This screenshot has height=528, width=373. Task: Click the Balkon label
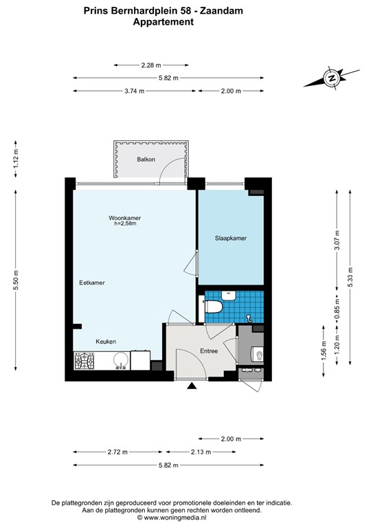(146, 159)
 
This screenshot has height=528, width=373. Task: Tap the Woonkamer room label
(124, 218)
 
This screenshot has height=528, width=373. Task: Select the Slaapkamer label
(231, 238)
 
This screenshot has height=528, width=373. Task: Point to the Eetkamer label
(92, 283)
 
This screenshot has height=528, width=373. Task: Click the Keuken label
(105, 341)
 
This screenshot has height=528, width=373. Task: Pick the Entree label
(209, 351)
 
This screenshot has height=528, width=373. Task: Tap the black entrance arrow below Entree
(192, 387)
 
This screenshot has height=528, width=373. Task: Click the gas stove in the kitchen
(86, 361)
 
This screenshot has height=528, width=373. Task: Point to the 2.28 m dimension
(151, 65)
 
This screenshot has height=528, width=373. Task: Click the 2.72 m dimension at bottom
(117, 452)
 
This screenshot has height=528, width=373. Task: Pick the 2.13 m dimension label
(199, 452)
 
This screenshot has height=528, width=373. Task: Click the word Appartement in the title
(163, 22)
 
